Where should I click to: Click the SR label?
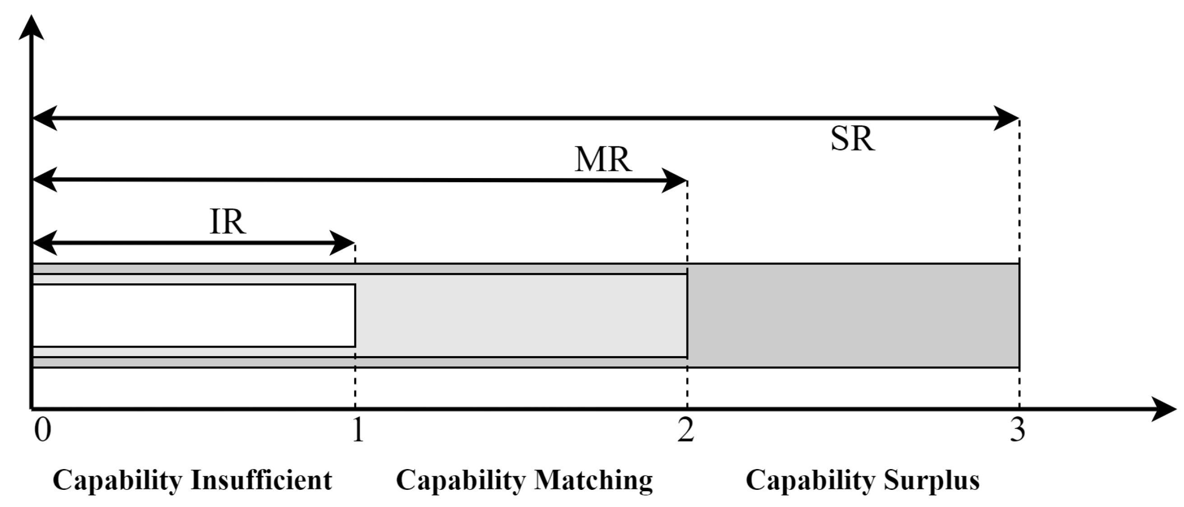coord(852,139)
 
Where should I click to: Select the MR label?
coord(603,160)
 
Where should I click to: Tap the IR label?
coord(228,222)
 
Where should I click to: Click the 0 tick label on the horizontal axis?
coord(42,431)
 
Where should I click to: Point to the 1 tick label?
coord(358,431)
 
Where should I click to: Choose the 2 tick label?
coord(685,431)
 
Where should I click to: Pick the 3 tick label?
coord(1017,431)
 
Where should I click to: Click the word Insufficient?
coord(261,480)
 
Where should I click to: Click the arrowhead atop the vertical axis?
coord(31,28)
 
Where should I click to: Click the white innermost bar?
coord(193,315)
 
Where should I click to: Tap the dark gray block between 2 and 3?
coord(853,315)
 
